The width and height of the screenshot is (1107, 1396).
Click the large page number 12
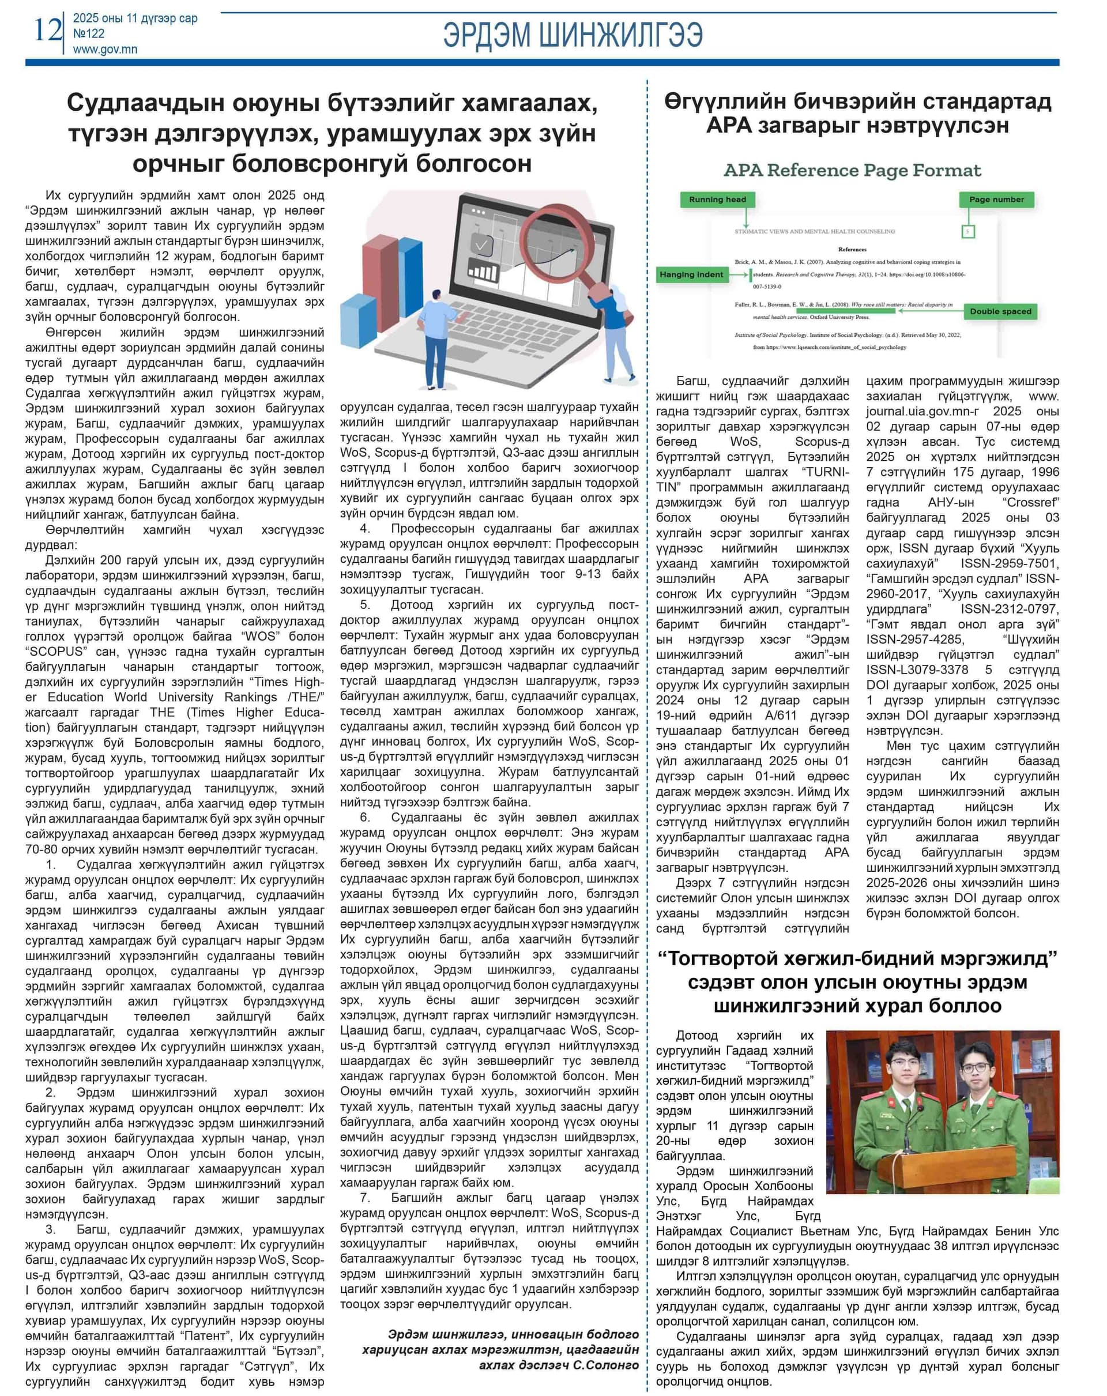pyautogui.click(x=47, y=31)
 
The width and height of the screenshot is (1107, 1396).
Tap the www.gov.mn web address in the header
pyautogui.click(x=105, y=49)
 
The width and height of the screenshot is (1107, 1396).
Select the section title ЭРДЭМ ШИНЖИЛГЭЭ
pyautogui.click(x=573, y=35)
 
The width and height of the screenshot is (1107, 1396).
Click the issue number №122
pyautogui.click(x=89, y=33)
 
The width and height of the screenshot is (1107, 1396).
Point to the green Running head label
pyautogui.click(x=717, y=200)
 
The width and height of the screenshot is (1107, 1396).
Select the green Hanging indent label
pyautogui.click(x=691, y=274)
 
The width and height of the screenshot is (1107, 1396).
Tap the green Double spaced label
pyautogui.click(x=1000, y=311)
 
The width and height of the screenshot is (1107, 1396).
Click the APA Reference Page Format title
pyautogui.click(x=852, y=170)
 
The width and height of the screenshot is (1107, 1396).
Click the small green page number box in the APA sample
pyautogui.click(x=968, y=231)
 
